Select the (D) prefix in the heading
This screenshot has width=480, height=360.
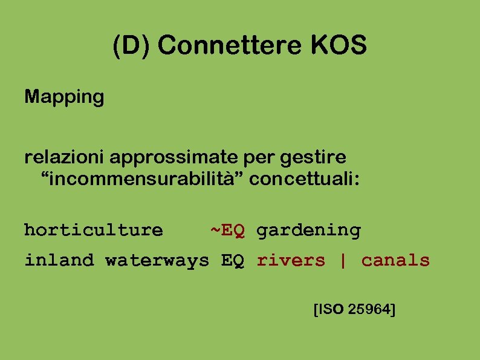pos(134,47)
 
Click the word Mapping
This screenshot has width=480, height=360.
pos(64,97)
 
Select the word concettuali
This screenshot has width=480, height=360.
pos(304,179)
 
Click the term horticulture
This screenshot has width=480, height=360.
pos(93,231)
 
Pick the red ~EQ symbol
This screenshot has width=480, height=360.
pos(227,230)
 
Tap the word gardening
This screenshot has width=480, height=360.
pos(308,231)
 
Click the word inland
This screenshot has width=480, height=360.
pos(59,261)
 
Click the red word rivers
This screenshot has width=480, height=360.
pos(291,261)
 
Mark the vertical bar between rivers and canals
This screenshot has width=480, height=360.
pos(343,261)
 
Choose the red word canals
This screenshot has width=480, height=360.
pos(395,261)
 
